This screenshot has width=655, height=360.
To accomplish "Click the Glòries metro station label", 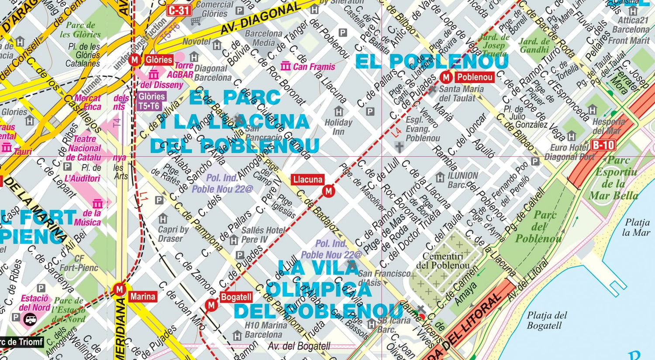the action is click(159, 59).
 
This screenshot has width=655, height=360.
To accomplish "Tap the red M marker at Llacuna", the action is click(328, 191).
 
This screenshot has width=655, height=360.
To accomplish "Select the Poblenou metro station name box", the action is click(474, 77).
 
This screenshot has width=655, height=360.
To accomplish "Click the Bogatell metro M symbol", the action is click(212, 305).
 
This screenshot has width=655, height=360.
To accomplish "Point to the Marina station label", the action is click(142, 297).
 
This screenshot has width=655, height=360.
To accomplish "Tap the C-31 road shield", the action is click(179, 10).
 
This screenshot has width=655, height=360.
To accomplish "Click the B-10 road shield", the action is click(603, 145).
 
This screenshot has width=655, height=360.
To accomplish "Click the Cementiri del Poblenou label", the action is click(442, 261).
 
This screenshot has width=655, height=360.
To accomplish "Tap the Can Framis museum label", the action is click(314, 67).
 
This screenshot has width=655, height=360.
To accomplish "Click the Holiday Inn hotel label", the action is click(338, 127).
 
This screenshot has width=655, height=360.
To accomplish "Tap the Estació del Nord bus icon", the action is click(31, 320).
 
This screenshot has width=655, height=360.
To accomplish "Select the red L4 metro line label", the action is click(396, 133).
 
